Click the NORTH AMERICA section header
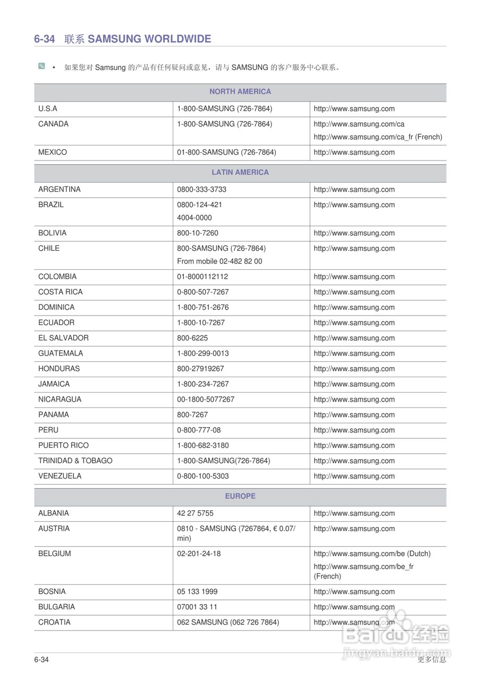pos(240,91)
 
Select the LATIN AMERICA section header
pos(240,172)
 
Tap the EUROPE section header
pos(240,496)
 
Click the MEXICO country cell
pos(53,152)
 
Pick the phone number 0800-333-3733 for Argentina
pos(201,190)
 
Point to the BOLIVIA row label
pos(53,233)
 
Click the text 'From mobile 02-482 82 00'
pos(220,261)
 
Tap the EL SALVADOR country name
pos(63,338)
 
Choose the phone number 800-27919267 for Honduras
pos(200,369)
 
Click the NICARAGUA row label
pos(60,399)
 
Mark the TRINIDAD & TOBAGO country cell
pos(75,461)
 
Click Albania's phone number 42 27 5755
pos(195,514)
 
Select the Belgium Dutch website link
pos(372,554)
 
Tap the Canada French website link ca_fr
pos(377,137)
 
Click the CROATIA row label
pos(54,622)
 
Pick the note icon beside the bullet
pos(41,66)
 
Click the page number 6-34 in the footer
pos(41,660)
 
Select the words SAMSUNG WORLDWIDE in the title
pos(149,39)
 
